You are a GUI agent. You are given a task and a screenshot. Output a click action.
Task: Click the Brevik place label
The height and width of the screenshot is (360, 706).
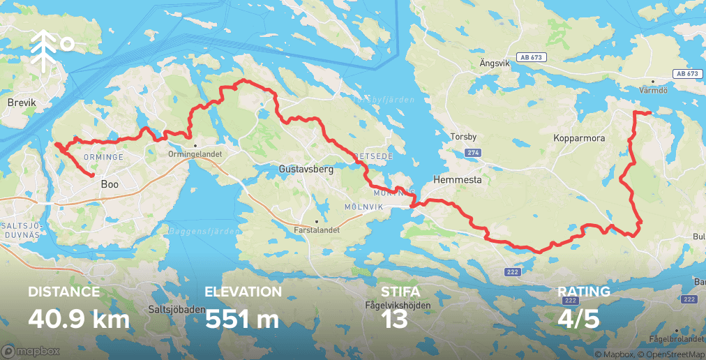(21, 103)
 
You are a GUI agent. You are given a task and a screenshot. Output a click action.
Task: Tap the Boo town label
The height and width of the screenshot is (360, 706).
(110, 185)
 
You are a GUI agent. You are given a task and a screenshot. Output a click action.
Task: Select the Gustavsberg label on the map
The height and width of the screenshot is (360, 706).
(306, 169)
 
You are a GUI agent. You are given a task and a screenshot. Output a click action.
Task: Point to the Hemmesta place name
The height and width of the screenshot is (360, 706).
(458, 179)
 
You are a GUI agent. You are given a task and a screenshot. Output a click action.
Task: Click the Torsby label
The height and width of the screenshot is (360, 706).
(463, 137)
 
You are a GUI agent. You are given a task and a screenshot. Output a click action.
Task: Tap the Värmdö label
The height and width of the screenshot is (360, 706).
(654, 90)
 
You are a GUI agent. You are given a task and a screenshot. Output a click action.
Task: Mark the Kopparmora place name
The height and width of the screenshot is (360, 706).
(578, 139)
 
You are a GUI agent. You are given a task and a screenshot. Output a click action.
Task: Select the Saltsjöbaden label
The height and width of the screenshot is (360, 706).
(175, 308)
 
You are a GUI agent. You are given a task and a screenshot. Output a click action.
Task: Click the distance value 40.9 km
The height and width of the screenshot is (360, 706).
(79, 319)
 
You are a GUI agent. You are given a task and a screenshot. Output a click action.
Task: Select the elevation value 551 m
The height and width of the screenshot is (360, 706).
(242, 319)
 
